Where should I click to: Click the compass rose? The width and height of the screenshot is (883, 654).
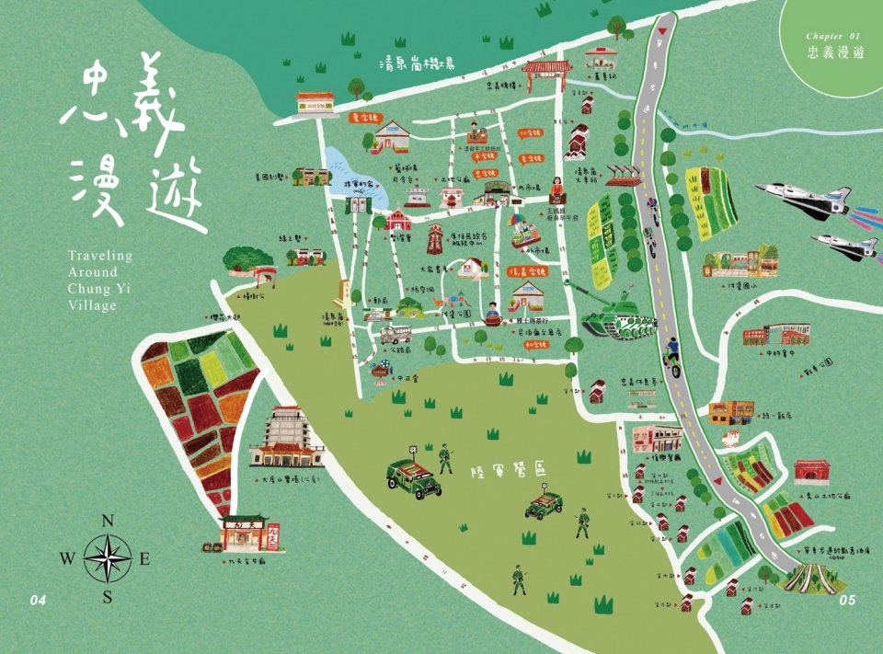(108, 559)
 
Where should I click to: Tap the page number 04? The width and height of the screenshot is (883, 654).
(37, 601)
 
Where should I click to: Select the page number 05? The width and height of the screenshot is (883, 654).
(847, 601)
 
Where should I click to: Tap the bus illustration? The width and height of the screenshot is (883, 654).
(395, 334)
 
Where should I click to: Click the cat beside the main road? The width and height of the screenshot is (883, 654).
(733, 437)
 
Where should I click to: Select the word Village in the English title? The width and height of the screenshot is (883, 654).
(92, 305)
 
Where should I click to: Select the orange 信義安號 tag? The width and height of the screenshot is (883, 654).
(527, 272)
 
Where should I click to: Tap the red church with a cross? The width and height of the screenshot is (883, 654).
(398, 219)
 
